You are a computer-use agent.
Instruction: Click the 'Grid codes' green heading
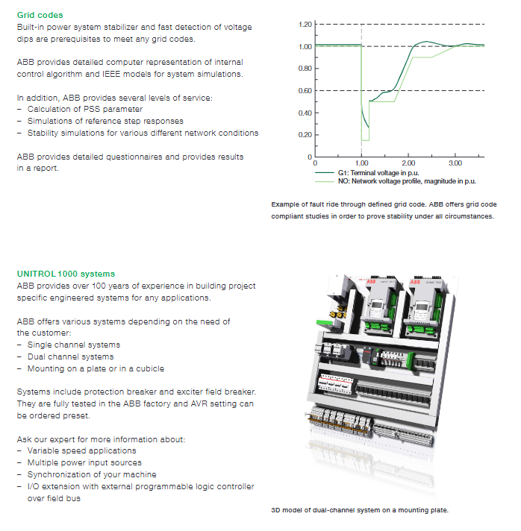point(40,15)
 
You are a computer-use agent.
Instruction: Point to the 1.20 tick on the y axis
point(304,25)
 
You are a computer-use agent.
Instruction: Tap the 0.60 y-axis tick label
point(304,91)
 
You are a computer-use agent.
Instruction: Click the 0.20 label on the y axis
point(304,135)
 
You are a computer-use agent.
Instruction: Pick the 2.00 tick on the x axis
point(408,163)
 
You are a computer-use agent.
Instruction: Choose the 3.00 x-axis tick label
point(455,163)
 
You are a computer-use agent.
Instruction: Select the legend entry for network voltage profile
point(407,180)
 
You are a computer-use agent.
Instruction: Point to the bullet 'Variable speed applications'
point(81,450)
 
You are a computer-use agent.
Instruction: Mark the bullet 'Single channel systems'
point(73,345)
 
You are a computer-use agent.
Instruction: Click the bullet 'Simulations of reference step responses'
point(105,121)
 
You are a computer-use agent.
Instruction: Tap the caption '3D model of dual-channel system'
point(359,511)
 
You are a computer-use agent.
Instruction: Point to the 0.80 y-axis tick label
point(304,69)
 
